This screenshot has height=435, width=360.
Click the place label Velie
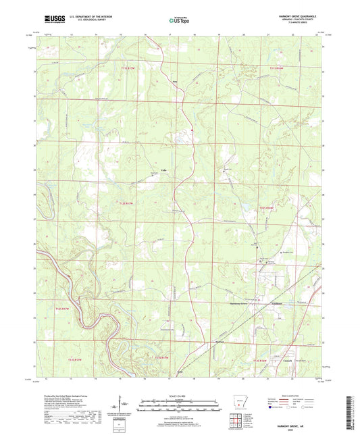click(x=164, y=171)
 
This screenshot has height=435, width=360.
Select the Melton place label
click(x=219, y=342)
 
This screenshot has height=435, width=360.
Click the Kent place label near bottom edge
click(x=180, y=372)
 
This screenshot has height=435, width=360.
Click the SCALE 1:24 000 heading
click(x=179, y=396)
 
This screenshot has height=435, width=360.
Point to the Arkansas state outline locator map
click(x=236, y=406)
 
